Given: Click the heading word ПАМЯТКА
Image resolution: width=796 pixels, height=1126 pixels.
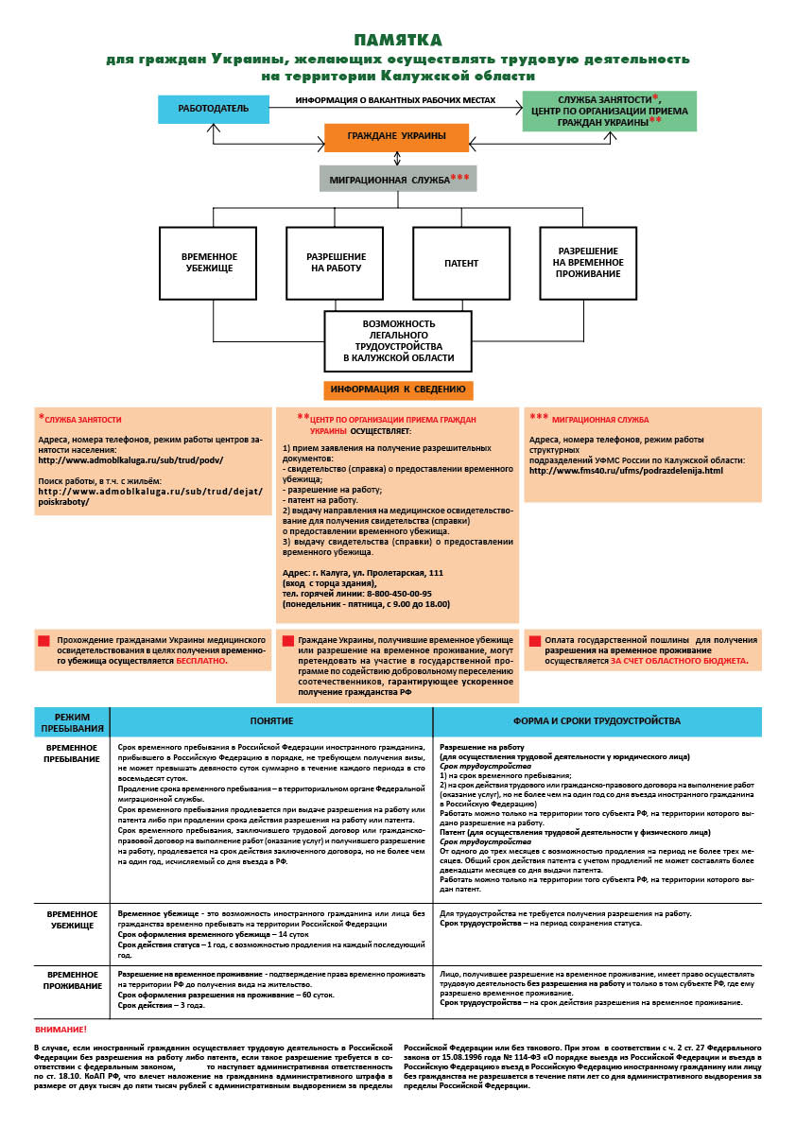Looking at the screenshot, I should pos(397,40).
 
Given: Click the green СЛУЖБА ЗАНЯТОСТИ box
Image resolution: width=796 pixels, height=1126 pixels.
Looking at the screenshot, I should pos(609,111).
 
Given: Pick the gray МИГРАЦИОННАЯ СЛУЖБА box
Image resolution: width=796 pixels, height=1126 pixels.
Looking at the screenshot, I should pos(396,179).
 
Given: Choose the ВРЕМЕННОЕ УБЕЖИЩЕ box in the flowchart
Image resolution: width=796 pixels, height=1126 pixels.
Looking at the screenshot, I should pos(210,263).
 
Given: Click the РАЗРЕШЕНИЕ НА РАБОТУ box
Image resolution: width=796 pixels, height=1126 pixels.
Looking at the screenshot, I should pos(336,263).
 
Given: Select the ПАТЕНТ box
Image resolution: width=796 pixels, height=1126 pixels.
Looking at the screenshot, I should pos(461,263).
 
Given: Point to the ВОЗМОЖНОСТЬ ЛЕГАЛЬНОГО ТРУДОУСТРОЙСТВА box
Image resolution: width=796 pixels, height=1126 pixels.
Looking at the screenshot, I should pos(398,340).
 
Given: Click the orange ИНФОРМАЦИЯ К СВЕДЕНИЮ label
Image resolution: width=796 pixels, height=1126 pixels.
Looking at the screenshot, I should pos(398,389).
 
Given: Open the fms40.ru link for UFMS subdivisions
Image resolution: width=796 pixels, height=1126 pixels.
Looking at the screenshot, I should pos(625,470).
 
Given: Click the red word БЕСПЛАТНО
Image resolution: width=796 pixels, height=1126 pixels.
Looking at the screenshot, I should pos(202,662).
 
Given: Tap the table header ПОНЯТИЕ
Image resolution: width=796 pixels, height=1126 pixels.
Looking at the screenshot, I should pos(271,721).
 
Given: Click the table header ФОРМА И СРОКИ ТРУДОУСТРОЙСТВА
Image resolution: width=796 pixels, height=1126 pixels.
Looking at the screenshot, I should pos(597,721).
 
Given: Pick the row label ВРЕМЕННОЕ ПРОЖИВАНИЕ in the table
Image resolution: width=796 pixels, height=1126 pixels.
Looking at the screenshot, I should pos(72,979).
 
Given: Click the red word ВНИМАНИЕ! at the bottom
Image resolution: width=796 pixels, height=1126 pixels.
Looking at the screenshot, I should pos(61,1029).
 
